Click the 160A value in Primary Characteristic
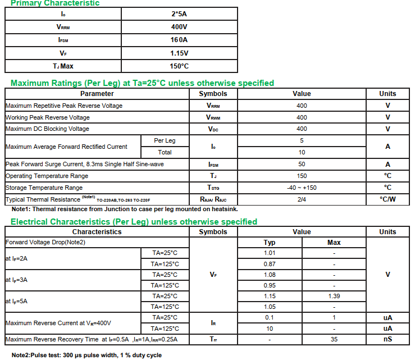(x=179, y=40)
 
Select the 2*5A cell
(x=179, y=13)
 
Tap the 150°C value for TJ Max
(x=179, y=66)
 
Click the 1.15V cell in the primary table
(x=179, y=53)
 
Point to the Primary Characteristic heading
(x=55, y=3)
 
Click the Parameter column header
(x=97, y=94)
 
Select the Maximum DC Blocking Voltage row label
(x=47, y=129)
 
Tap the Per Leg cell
(x=165, y=140)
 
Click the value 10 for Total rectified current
(x=302, y=152)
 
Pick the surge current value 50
(x=302, y=165)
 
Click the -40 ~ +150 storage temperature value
(x=302, y=188)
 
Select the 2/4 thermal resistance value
(x=302, y=199)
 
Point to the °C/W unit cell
(x=387, y=199)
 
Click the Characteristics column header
(x=97, y=232)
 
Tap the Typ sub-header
(x=270, y=243)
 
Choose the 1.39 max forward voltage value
(x=334, y=296)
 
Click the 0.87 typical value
(x=270, y=264)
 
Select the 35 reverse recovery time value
(x=334, y=339)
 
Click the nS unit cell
(x=387, y=339)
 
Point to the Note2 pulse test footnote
(x=87, y=355)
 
